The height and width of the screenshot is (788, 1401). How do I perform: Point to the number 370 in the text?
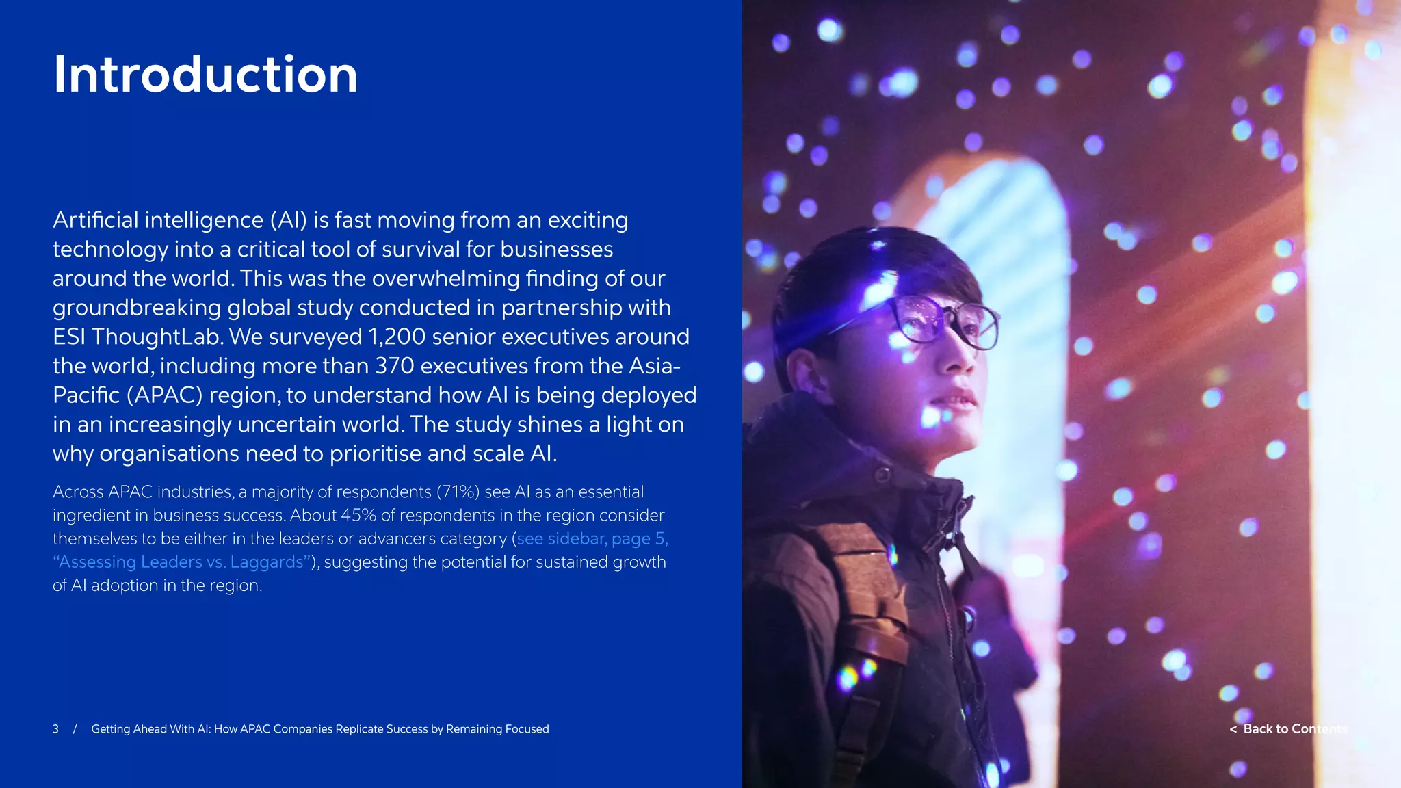[x=395, y=366]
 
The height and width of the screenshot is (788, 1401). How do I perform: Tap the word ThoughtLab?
[x=158, y=337]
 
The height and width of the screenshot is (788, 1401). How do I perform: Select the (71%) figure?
[x=458, y=492]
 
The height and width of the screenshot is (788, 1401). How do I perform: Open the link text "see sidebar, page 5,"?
[x=592, y=539]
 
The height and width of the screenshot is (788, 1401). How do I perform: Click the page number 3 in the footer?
[x=55, y=729]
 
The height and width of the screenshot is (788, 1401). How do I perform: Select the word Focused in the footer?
[x=527, y=729]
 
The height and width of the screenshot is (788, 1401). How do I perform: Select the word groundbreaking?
[x=137, y=308]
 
